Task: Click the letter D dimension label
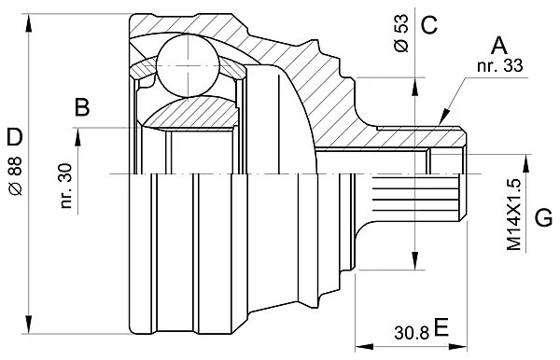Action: click(15, 137)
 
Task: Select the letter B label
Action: click(82, 106)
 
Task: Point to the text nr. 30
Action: click(65, 186)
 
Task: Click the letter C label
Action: click(429, 24)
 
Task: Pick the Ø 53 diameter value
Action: click(401, 34)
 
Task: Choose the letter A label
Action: click(498, 46)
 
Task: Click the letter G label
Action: click(544, 217)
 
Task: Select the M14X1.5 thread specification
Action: click(514, 215)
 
